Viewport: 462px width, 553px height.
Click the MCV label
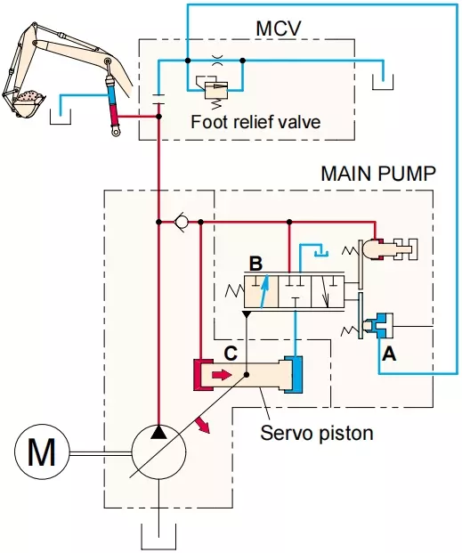point(279,28)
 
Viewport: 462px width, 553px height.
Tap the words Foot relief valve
point(255,122)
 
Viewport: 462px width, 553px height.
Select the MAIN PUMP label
point(378,174)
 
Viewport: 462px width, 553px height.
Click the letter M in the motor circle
point(42,452)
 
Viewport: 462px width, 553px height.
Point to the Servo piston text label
point(316,433)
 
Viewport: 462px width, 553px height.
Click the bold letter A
point(389,354)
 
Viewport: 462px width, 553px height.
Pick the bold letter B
point(255,264)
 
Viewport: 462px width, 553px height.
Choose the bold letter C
point(231,354)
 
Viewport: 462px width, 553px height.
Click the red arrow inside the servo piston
point(221,375)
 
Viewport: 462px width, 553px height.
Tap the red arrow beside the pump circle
point(203,424)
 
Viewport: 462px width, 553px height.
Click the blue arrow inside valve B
point(264,291)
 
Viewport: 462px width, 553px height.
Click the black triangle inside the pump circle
point(158,432)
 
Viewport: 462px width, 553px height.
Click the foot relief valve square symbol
point(215,90)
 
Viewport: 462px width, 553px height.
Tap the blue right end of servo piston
point(294,374)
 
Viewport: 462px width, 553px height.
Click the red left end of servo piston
point(202,375)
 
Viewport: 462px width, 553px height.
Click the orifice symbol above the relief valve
point(215,61)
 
